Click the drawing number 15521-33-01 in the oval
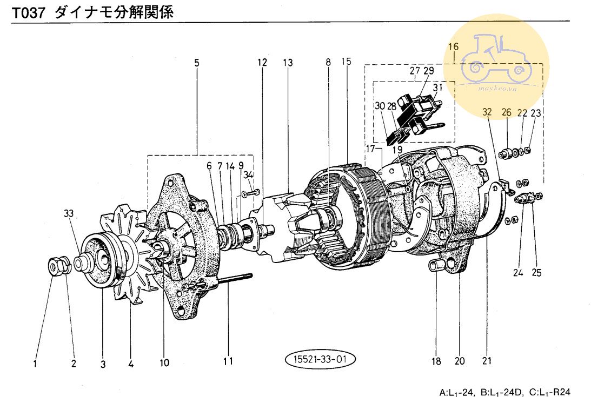(x=320, y=359)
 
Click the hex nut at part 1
(x=56, y=265)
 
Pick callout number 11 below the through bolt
(x=228, y=361)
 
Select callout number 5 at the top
(x=197, y=63)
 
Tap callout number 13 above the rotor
(x=287, y=63)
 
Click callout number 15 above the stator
(x=346, y=62)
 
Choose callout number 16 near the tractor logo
(x=453, y=46)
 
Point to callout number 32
(x=487, y=112)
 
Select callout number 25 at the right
(x=536, y=273)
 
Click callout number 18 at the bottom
(x=436, y=361)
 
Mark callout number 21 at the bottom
(x=487, y=361)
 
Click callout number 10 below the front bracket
(x=164, y=362)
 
